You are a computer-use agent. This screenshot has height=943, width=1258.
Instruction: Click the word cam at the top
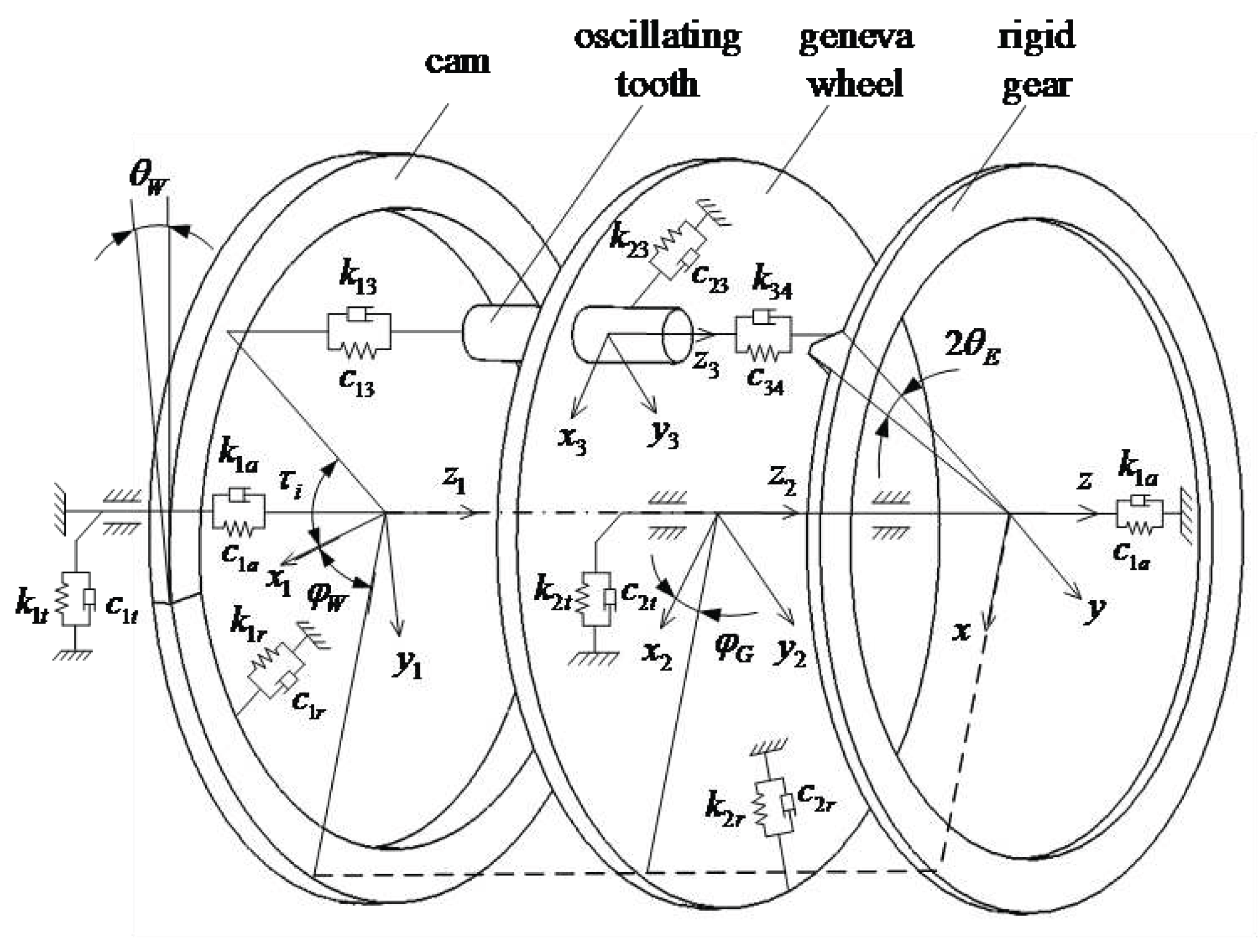pos(456,61)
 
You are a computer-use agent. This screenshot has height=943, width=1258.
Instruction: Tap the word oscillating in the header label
pos(658,37)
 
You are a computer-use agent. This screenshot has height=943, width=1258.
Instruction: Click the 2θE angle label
pos(972,346)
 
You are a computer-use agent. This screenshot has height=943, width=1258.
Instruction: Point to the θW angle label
pos(149,178)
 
